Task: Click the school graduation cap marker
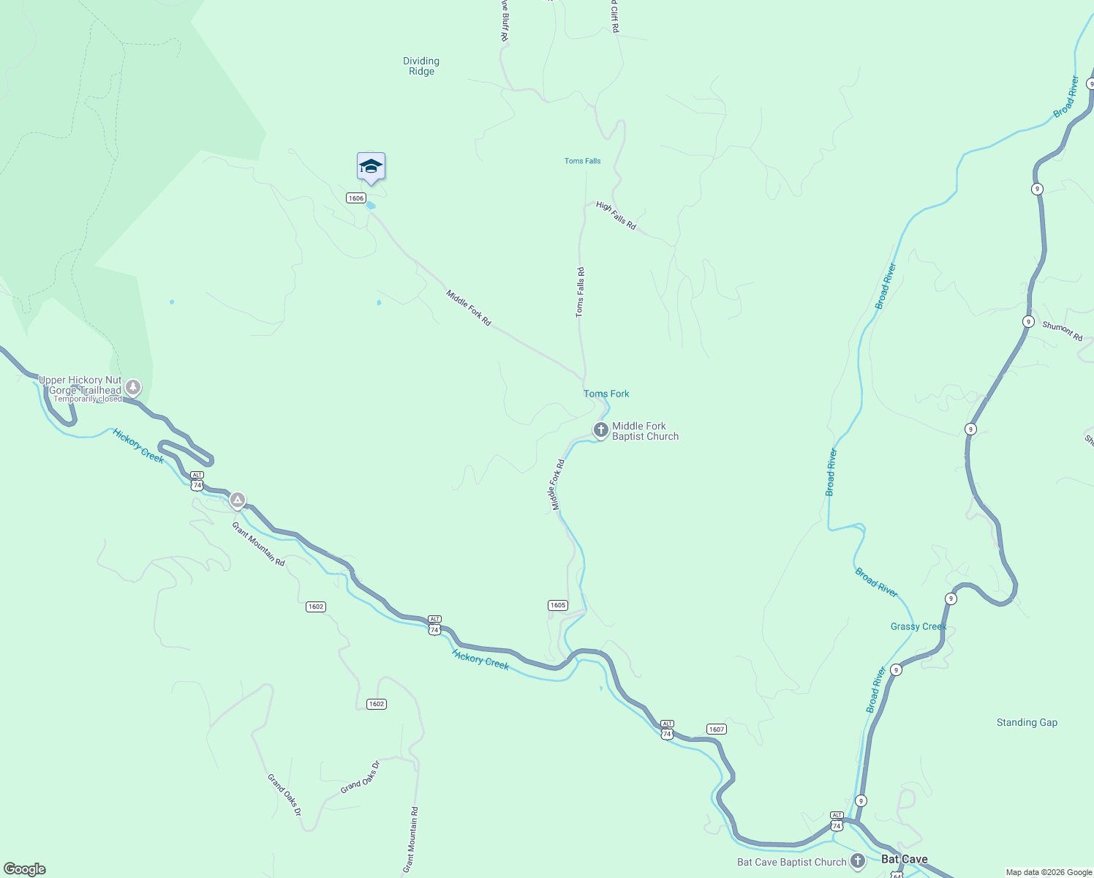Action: pos(371,167)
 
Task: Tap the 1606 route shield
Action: pos(356,198)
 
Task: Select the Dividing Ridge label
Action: pos(421,67)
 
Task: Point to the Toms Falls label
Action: pos(582,161)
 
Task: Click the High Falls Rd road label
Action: pos(616,216)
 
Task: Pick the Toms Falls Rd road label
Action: pos(580,292)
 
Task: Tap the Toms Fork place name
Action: pos(606,394)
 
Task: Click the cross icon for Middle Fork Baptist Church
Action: pos(600,430)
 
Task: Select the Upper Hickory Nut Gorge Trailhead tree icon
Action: pos(132,386)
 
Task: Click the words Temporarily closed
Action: pos(88,399)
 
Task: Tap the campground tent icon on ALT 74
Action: pos(237,501)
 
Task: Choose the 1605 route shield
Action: pos(557,605)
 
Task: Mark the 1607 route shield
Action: pos(716,729)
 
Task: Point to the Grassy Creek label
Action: pos(918,626)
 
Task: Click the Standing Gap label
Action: pos(1027,722)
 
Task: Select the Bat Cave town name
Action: pos(904,859)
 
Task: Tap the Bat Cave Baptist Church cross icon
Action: pos(857,861)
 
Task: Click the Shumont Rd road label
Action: pos(1062,331)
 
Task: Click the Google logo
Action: pos(25,869)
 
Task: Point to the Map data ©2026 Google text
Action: pos(1049,872)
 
